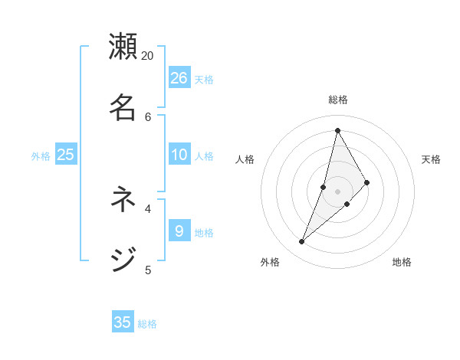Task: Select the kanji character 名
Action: tap(123, 107)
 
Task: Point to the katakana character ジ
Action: tap(123, 260)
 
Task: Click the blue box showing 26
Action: tap(179, 77)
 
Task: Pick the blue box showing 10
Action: tap(179, 155)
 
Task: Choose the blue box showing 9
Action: tap(179, 231)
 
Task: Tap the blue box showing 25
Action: tap(66, 155)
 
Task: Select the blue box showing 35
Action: tap(123, 322)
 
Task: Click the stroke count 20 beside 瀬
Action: tap(148, 56)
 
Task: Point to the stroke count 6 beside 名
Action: tap(148, 116)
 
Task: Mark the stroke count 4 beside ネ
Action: tap(148, 208)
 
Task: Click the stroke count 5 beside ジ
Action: tap(148, 270)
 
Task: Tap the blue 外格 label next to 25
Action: tap(41, 156)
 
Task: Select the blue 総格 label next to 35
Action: tap(147, 324)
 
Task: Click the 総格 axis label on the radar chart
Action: tap(338, 100)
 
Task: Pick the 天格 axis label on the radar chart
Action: tap(432, 159)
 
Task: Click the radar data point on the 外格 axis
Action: tap(302, 242)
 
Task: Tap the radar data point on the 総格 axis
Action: tap(337, 130)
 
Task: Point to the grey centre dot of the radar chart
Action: tap(338, 191)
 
